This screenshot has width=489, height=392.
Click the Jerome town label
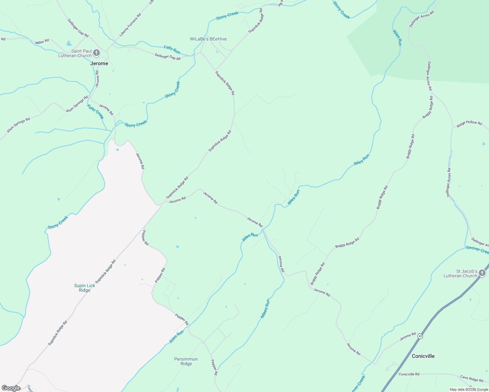(99, 63)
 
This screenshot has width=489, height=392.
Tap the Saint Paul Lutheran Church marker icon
(96, 53)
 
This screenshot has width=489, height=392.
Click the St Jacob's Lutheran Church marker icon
(482, 273)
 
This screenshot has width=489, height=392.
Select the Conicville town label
(423, 356)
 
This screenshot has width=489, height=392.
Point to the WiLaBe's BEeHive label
(208, 39)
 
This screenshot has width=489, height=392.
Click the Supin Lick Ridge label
(85, 288)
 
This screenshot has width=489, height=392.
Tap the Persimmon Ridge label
(186, 361)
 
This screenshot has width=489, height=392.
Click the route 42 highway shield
(420, 336)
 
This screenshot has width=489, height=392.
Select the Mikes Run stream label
(265, 309)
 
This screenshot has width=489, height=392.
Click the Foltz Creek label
(95, 111)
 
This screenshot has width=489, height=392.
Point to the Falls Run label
(172, 50)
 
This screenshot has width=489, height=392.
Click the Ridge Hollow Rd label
(469, 123)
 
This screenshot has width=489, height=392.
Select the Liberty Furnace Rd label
(130, 25)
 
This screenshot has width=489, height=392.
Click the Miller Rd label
(42, 41)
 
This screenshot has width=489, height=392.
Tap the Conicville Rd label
(409, 374)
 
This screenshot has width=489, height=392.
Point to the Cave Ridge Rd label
(472, 379)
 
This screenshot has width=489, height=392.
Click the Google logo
(11, 388)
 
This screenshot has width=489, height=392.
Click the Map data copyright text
(469, 389)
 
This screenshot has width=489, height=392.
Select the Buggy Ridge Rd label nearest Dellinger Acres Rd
(428, 107)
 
